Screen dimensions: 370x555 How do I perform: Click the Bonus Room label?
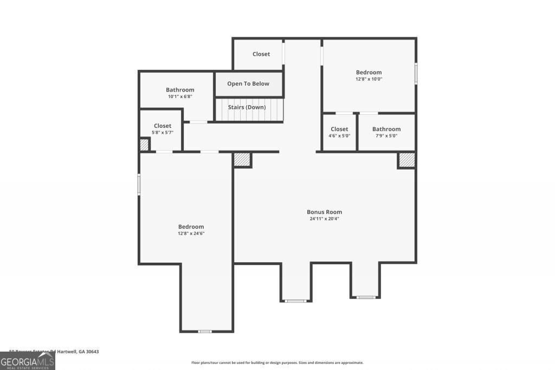pyautogui.click(x=324, y=212)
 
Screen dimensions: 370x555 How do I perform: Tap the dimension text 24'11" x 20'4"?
pyautogui.click(x=324, y=219)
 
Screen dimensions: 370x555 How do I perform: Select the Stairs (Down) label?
pyautogui.click(x=247, y=107)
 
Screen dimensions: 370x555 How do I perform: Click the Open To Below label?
pyautogui.click(x=248, y=84)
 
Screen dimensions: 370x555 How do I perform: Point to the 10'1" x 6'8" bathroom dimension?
pyautogui.click(x=180, y=96)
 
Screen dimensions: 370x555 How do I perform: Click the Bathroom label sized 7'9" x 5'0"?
pyautogui.click(x=386, y=129)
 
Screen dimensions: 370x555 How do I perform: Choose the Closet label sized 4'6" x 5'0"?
pyautogui.click(x=339, y=129)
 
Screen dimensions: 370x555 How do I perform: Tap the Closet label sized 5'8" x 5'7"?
pyautogui.click(x=162, y=126)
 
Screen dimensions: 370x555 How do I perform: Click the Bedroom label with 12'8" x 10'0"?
pyautogui.click(x=369, y=72)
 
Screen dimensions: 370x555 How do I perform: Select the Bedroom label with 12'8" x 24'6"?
pyautogui.click(x=191, y=226)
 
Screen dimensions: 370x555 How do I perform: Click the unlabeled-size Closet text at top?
pyautogui.click(x=261, y=54)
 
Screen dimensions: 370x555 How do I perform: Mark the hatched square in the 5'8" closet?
pyautogui.click(x=144, y=145)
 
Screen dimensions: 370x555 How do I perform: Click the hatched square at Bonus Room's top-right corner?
pyautogui.click(x=406, y=160)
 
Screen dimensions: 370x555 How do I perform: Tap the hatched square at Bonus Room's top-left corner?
pyautogui.click(x=242, y=160)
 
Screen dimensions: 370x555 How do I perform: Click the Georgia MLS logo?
pyautogui.click(x=27, y=361)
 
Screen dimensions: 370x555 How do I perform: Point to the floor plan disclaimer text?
pyautogui.click(x=277, y=363)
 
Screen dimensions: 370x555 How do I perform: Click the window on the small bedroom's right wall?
pyautogui.click(x=416, y=74)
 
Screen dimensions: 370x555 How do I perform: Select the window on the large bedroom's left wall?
pyautogui.click(x=139, y=184)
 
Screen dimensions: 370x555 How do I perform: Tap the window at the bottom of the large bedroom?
pyautogui.click(x=204, y=331)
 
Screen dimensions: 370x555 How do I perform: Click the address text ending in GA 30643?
pyautogui.click(x=54, y=352)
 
